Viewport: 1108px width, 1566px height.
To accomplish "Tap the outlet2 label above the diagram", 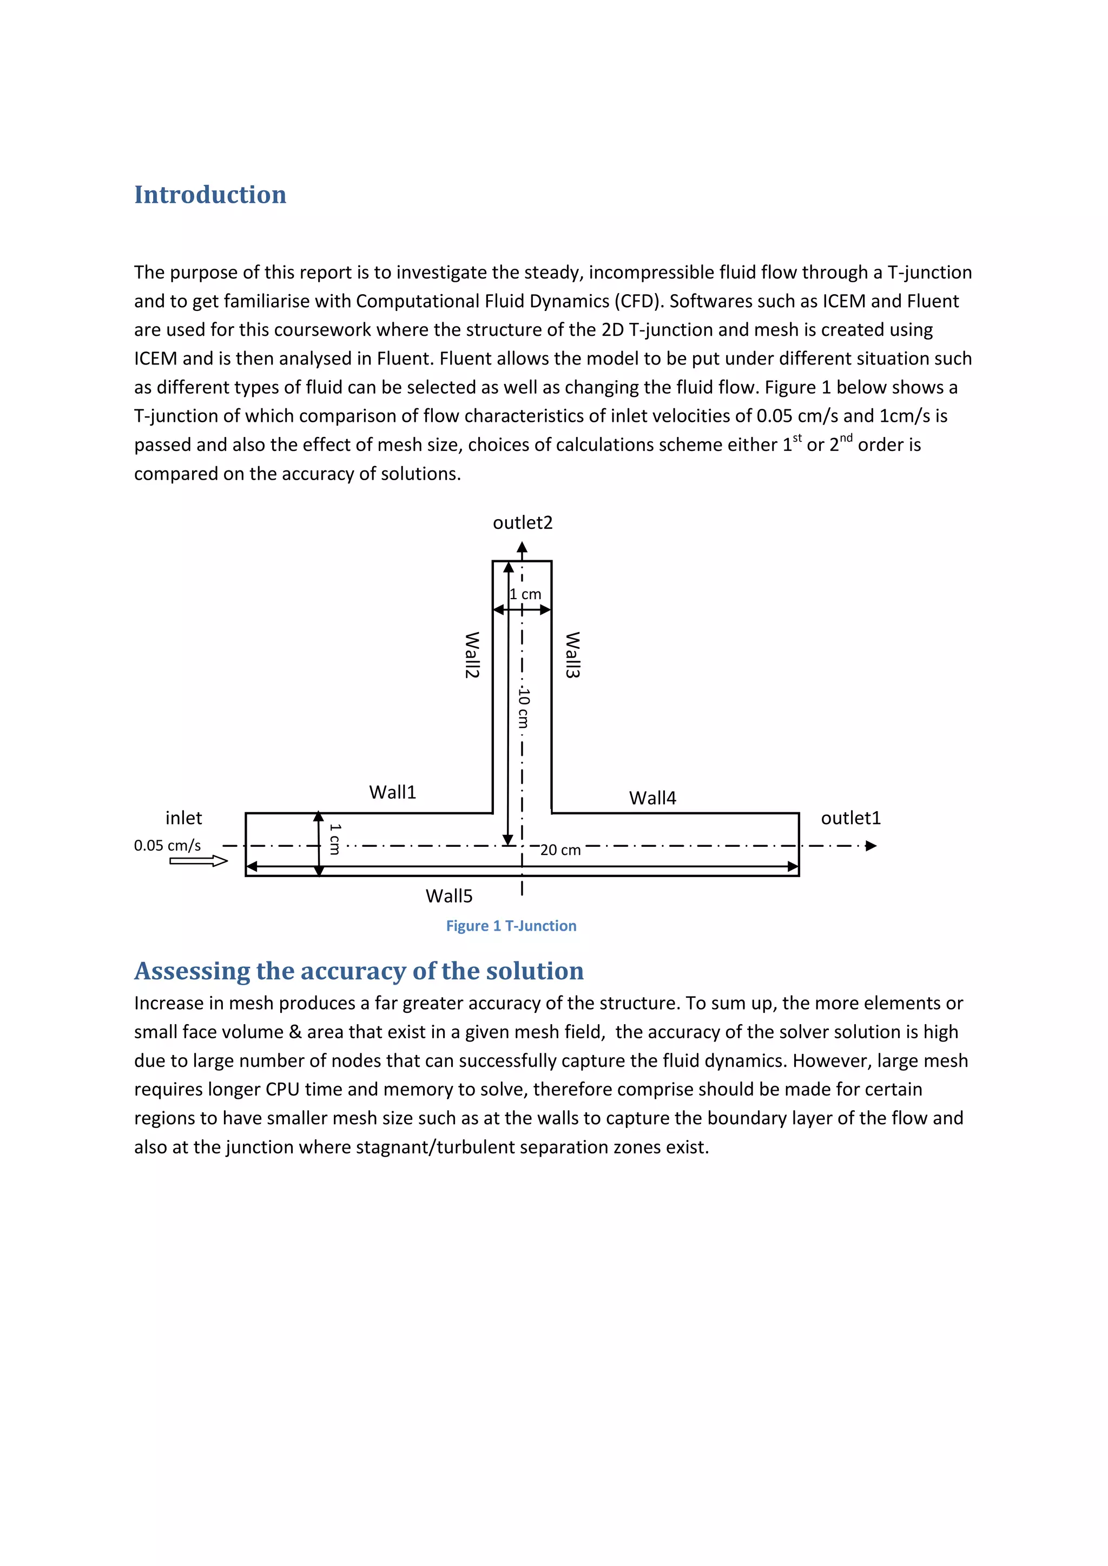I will (523, 522).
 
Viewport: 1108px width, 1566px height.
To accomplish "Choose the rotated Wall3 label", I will (572, 655).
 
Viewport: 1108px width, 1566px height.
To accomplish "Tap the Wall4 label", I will (652, 798).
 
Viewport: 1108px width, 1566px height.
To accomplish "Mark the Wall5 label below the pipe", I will (449, 895).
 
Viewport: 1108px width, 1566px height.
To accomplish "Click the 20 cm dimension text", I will (560, 850).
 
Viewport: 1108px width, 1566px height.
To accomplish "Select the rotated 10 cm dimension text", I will (523, 707).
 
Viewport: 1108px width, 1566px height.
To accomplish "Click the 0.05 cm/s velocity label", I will (167, 845).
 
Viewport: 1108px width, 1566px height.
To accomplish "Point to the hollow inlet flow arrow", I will (199, 861).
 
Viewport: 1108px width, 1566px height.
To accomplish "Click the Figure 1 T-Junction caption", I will (511, 926).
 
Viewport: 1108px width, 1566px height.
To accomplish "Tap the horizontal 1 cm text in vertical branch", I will (525, 594).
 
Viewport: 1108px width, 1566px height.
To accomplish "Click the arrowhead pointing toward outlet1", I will (870, 846).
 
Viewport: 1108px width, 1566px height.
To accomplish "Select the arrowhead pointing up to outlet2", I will (522, 547).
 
